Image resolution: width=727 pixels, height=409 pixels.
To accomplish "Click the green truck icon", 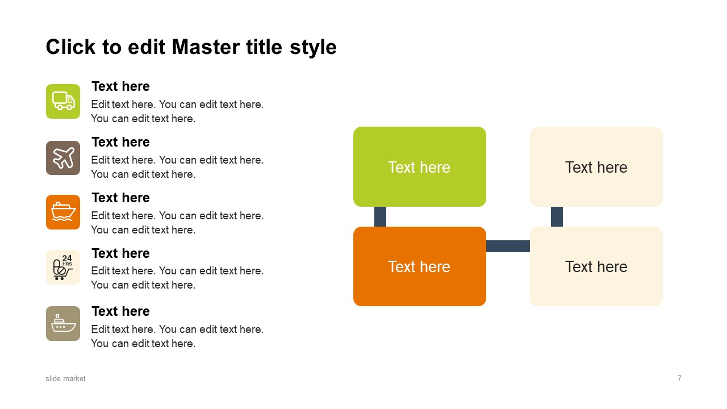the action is coord(63,101).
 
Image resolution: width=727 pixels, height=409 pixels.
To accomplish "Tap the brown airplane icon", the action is coord(63,158).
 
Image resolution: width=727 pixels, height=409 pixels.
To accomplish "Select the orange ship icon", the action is coord(63,212).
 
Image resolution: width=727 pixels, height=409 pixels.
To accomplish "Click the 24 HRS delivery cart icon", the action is coord(63,267).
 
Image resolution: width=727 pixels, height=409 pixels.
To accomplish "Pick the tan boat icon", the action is coord(63,323).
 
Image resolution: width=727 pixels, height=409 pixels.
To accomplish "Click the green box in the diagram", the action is coord(420,166).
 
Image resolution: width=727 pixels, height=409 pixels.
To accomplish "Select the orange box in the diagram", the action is coord(420,266).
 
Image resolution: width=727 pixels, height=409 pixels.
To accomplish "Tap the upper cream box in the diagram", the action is coord(596,166).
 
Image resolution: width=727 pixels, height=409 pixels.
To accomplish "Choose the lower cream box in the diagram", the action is coord(596,266).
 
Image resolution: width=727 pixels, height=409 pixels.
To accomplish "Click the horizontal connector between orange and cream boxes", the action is coord(508,246).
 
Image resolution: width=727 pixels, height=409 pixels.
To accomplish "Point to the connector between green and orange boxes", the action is coord(380,216).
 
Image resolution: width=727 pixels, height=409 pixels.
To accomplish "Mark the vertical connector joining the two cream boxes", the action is coord(557,216).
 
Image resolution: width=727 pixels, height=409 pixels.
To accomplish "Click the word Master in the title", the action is coord(206,47).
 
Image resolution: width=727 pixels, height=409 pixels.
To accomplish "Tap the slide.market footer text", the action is coord(65,378).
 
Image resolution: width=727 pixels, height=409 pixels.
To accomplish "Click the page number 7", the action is coord(680,378).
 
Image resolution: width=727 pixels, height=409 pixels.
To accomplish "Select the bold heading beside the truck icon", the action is coord(121,86).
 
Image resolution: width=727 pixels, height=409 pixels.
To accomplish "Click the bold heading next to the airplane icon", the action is coord(121,142).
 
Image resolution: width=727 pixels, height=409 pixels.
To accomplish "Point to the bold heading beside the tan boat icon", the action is coord(121,311).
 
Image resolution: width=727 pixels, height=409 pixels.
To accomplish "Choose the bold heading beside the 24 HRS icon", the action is coord(121,253).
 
